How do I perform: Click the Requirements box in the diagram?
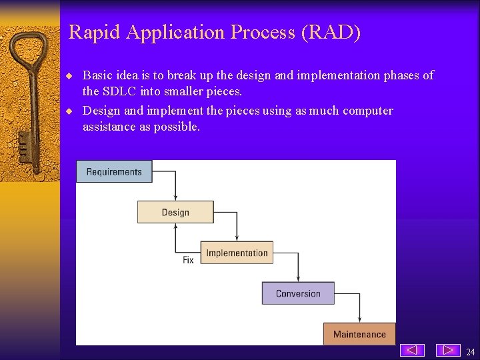(x=114, y=171)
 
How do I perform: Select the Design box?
(x=175, y=212)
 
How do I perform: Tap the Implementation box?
(x=237, y=253)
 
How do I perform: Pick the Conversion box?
(x=298, y=293)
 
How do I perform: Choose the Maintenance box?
(x=359, y=334)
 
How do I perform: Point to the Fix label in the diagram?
(x=188, y=260)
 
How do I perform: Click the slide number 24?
(x=471, y=352)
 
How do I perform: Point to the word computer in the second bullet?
(x=367, y=111)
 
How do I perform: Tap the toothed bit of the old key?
(x=25, y=143)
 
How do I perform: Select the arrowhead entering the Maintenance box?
(x=360, y=320)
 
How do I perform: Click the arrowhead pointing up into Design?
(x=175, y=226)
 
